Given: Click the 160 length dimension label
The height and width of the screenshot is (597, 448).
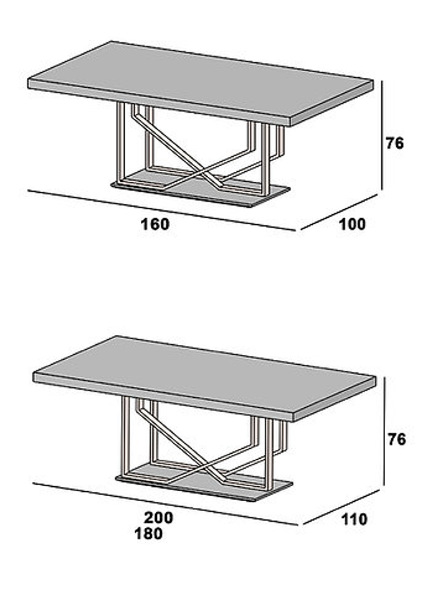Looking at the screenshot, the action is tap(155, 224).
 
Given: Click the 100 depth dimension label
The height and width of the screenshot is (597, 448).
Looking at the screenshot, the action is tap(352, 224).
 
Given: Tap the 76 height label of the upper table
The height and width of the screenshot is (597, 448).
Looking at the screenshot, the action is tap(394, 143).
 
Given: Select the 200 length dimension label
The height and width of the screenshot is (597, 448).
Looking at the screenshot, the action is tap(158, 517).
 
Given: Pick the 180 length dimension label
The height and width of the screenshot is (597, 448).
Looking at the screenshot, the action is tap(148, 534).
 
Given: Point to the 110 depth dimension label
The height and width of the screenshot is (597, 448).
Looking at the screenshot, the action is tap(355, 519).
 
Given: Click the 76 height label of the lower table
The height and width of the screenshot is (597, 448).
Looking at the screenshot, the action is tap(397, 440).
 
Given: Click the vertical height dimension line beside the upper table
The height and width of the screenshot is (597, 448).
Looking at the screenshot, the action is tap(382, 135).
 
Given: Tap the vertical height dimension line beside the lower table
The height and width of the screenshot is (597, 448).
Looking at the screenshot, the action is tap(385, 431).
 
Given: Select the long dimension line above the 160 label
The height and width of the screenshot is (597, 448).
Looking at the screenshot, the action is tap(161, 210).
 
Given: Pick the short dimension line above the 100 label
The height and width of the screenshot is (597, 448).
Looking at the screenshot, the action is tap(339, 212).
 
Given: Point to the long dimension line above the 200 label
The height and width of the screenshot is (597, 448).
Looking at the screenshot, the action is tap(165, 504).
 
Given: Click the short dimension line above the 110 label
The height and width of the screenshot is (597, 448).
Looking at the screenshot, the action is tap(341, 507).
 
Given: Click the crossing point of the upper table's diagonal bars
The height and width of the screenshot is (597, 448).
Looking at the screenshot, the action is tap(204, 172).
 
